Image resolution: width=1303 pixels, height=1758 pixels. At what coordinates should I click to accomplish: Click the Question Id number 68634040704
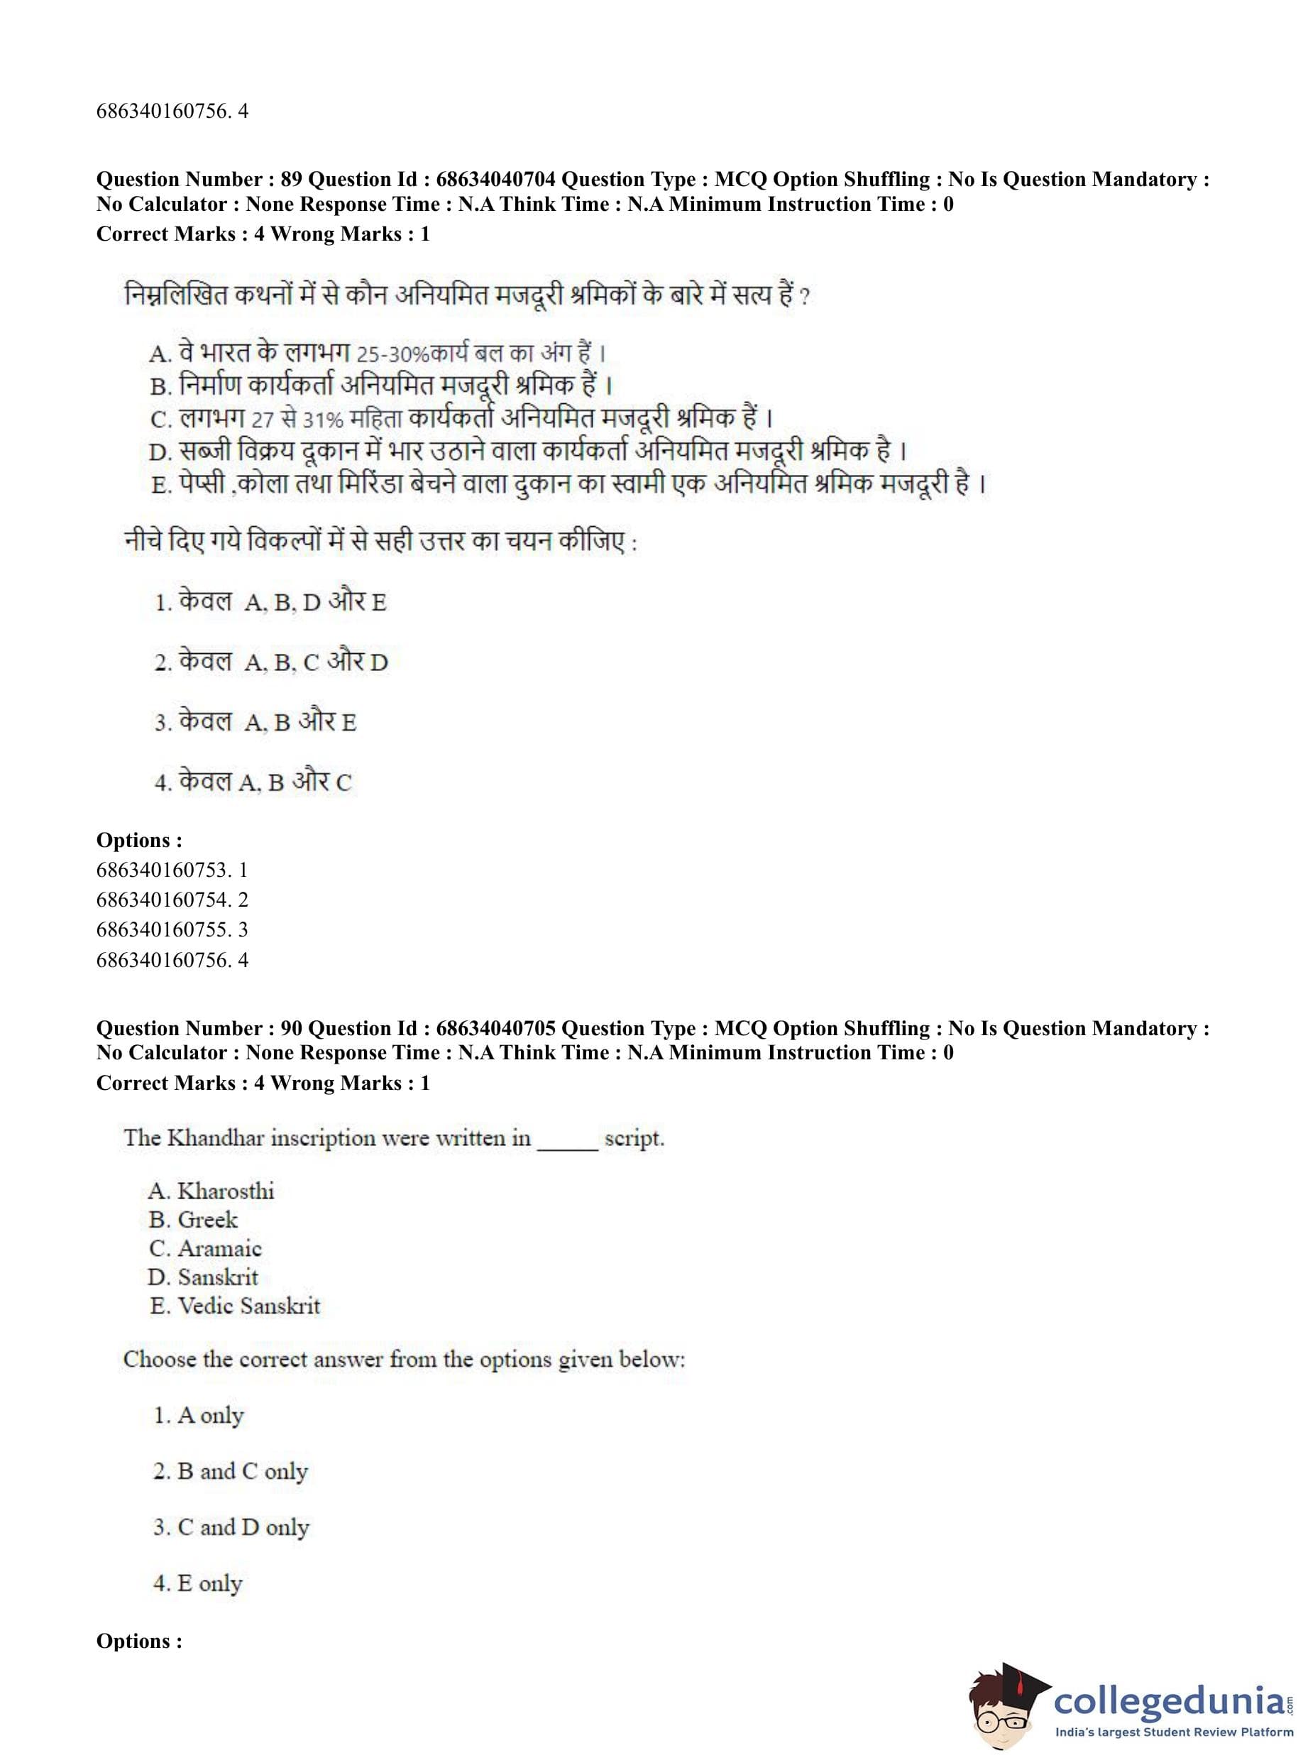pyautogui.click(x=495, y=180)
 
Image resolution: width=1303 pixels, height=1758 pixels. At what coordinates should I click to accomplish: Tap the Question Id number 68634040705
pyautogui.click(x=495, y=1028)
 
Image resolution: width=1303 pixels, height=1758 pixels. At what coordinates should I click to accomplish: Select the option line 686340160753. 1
pyautogui.click(x=172, y=870)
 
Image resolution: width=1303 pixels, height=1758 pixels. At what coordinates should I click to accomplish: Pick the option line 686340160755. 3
pyautogui.click(x=172, y=929)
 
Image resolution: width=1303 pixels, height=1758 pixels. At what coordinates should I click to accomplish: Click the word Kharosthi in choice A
pyautogui.click(x=226, y=1191)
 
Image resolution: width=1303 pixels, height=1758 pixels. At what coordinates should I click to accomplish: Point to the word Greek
pyautogui.click(x=207, y=1220)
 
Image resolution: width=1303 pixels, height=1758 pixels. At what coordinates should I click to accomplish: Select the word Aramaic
pyautogui.click(x=219, y=1248)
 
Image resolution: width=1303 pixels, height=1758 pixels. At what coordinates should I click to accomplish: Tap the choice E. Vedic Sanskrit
pyautogui.click(x=235, y=1306)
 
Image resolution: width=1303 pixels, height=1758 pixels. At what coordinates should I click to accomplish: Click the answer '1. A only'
pyautogui.click(x=199, y=1416)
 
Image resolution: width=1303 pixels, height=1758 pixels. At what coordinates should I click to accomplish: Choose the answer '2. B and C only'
pyautogui.click(x=231, y=1472)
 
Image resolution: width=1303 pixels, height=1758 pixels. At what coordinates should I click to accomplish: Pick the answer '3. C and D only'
pyautogui.click(x=231, y=1527)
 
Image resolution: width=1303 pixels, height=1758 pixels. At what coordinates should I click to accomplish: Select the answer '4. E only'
pyautogui.click(x=198, y=1583)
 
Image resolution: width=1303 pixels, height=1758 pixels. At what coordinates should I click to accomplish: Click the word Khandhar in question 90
pyautogui.click(x=215, y=1138)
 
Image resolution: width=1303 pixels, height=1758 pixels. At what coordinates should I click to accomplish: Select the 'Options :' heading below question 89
pyautogui.click(x=139, y=841)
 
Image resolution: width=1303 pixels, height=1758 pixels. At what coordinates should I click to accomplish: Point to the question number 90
pyautogui.click(x=291, y=1028)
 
